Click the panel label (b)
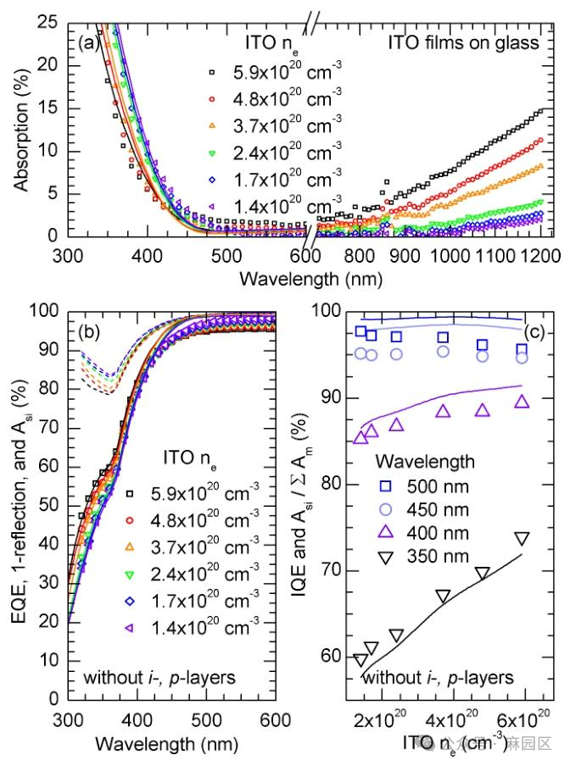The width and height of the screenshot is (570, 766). click(x=90, y=332)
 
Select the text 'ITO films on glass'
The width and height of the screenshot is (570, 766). click(x=463, y=42)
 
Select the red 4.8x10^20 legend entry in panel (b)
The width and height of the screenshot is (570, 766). click(x=196, y=519)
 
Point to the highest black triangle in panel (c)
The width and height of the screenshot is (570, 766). click(x=522, y=539)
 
